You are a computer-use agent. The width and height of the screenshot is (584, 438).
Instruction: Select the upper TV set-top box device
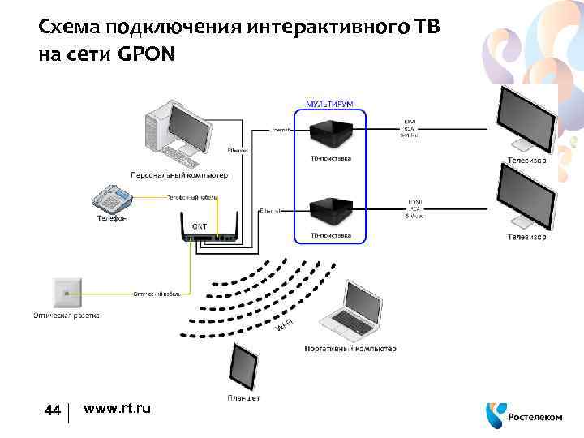[x=331, y=132]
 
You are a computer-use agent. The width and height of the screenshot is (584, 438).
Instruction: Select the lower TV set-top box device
[x=331, y=212]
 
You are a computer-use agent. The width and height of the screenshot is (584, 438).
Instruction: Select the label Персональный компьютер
[x=180, y=174]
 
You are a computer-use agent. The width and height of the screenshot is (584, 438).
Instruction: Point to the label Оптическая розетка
[x=67, y=314]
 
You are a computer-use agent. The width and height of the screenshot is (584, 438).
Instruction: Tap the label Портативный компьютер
[x=350, y=349]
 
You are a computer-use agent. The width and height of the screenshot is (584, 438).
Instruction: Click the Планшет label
[x=243, y=398]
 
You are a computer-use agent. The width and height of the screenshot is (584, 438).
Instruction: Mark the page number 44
[x=54, y=410]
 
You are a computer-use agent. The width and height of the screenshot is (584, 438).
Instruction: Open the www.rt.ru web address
[x=117, y=409]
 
